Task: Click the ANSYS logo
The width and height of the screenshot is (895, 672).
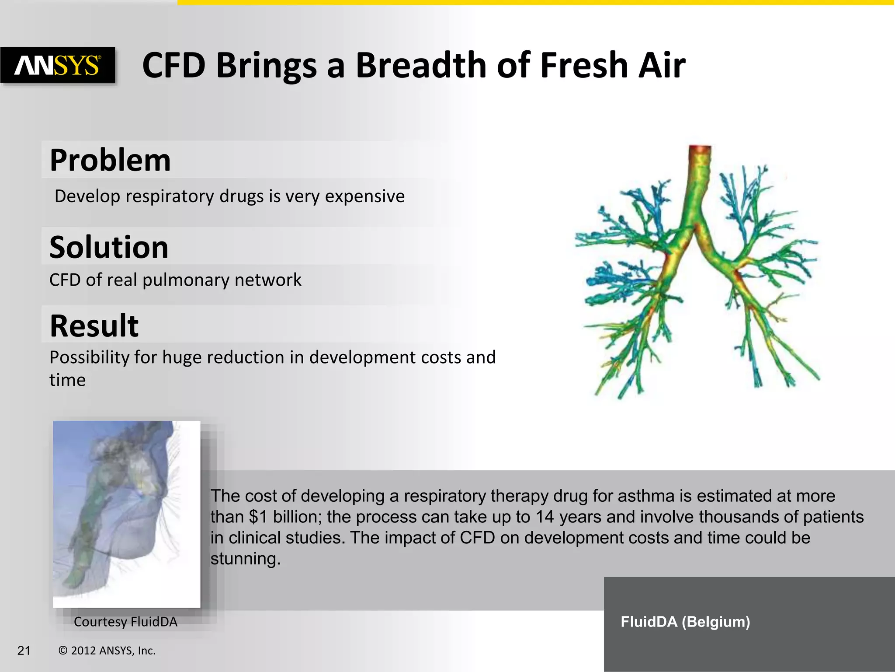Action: [58, 65]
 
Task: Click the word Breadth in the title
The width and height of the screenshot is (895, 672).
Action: [420, 65]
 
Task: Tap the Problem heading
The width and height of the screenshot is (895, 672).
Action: [110, 160]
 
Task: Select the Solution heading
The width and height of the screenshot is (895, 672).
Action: [109, 247]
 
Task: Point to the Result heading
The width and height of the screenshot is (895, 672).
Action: [94, 326]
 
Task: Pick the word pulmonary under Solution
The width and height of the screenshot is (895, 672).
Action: [185, 280]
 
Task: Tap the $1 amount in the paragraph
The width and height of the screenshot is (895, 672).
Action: [258, 517]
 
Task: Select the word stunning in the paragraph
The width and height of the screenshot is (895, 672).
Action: [245, 559]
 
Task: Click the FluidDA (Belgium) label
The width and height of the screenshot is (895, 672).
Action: [685, 622]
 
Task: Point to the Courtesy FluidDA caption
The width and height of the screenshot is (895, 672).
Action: [125, 622]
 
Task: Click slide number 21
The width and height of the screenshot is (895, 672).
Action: [24, 651]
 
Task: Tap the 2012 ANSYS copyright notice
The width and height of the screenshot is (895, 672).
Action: [107, 651]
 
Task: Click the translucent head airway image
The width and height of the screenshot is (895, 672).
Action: [126, 514]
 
